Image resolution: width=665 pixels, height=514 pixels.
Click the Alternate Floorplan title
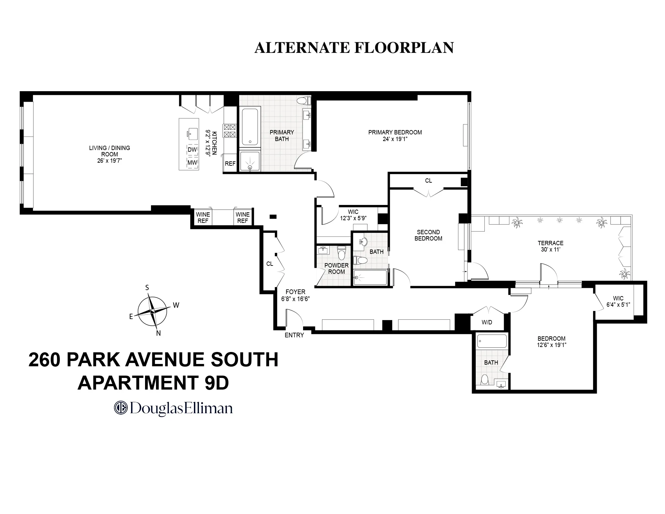(354, 48)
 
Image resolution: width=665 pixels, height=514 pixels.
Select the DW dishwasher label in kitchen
(192, 150)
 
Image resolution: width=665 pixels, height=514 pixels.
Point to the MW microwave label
(192, 163)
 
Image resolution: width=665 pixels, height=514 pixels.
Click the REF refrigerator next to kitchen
(230, 163)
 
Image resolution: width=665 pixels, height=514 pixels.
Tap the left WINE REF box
(203, 218)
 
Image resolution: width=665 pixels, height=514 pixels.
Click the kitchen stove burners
(230, 130)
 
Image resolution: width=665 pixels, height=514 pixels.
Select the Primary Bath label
(281, 135)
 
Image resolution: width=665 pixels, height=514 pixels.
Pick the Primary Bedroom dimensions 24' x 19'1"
(395, 139)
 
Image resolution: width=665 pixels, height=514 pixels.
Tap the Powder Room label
(336, 268)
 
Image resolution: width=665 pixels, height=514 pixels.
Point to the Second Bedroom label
(428, 235)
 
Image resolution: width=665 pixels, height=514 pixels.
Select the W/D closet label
(487, 322)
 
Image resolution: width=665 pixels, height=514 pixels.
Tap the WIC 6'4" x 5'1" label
(618, 301)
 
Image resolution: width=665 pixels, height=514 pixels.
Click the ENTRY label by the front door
(294, 335)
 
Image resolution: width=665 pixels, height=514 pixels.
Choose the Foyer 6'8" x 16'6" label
(295, 295)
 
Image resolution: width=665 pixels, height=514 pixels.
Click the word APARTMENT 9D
(153, 383)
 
